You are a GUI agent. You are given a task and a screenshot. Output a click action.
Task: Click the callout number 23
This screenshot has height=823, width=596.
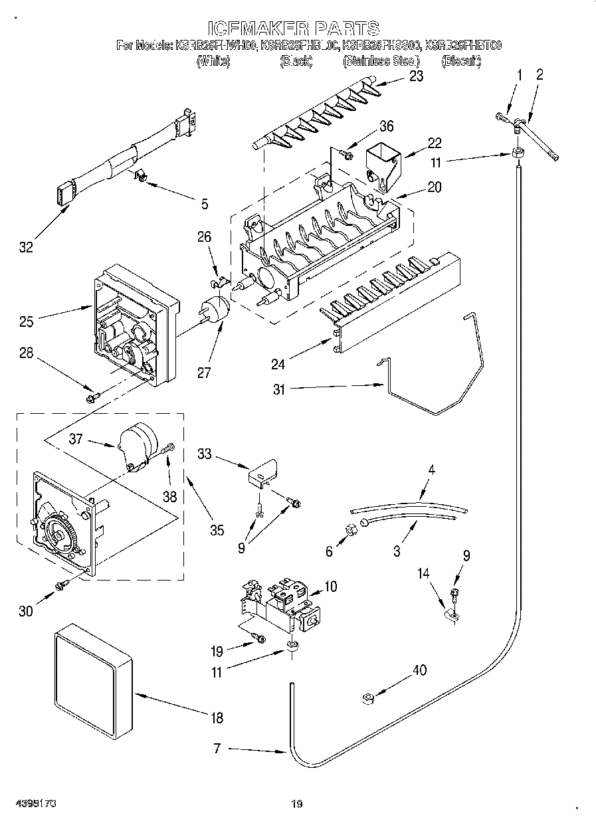(x=416, y=76)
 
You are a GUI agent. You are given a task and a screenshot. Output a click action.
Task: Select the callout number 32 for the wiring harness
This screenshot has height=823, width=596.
(x=25, y=247)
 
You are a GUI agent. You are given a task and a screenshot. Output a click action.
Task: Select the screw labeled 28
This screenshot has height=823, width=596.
(x=92, y=397)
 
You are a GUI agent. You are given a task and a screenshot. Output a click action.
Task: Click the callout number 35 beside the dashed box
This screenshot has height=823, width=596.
(x=217, y=530)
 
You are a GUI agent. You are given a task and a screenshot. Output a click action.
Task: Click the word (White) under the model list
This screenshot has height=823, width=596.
(x=213, y=61)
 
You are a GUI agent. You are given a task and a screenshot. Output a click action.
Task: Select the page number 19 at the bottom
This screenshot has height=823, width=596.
(x=297, y=804)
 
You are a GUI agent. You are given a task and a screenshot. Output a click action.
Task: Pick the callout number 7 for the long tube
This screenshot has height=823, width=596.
(x=217, y=749)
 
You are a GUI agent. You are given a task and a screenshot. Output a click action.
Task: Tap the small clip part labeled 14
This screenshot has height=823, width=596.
(x=450, y=615)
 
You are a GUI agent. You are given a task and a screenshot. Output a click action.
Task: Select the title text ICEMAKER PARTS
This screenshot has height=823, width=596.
(x=294, y=28)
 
